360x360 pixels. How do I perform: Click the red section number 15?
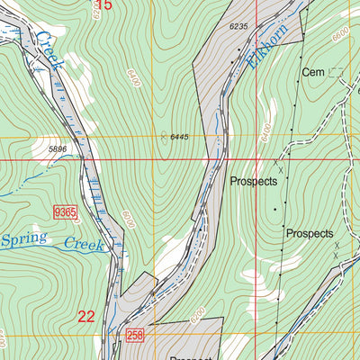coord(103,5)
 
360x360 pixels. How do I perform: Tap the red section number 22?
coord(86,316)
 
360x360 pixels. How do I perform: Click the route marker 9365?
coord(65,211)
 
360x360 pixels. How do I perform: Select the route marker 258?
coord(135,335)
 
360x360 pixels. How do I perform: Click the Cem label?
coord(312,72)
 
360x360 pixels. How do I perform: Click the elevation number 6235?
coord(238,27)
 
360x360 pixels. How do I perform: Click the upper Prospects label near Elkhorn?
coord(254,180)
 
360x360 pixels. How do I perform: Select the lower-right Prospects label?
coord(310,234)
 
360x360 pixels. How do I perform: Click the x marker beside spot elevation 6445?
coord(163,137)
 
